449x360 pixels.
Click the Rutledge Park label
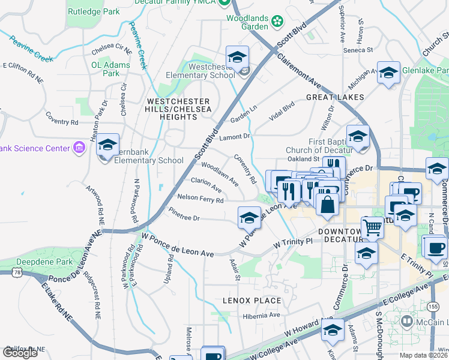94,11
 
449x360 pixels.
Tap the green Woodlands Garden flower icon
277,22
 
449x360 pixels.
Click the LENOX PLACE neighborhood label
252,300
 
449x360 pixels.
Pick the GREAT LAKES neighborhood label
335,97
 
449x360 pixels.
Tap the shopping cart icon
373,227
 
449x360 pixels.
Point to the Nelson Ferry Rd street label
200,199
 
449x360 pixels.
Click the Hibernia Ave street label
262,316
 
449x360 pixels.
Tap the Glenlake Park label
424,70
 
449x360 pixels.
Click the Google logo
20,353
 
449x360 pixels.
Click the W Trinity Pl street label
293,242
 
